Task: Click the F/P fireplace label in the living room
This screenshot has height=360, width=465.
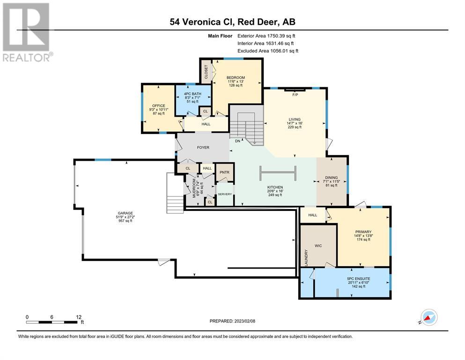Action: click(x=295, y=95)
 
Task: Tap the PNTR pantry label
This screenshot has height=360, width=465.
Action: click(x=224, y=172)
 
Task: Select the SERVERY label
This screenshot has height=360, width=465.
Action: click(x=225, y=194)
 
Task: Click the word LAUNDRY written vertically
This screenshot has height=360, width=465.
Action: click(x=306, y=258)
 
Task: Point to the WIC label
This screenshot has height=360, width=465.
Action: click(x=318, y=246)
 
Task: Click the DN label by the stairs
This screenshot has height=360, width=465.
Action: click(x=237, y=141)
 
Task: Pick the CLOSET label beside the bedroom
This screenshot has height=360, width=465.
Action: click(x=206, y=72)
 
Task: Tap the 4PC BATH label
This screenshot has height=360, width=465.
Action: click(x=192, y=94)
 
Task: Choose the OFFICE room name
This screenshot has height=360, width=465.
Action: click(x=159, y=105)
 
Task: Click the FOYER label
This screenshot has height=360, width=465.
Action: click(x=203, y=147)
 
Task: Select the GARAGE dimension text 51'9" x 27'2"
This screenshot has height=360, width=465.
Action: click(x=125, y=217)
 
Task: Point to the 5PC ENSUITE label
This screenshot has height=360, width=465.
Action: click(x=359, y=279)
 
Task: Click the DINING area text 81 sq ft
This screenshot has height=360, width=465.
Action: click(x=332, y=185)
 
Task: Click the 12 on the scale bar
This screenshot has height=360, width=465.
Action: click(x=79, y=317)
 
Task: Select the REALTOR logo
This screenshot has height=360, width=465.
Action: click(x=26, y=32)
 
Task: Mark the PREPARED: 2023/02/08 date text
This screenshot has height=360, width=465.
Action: click(x=232, y=321)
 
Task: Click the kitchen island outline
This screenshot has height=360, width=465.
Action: click(x=278, y=173)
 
